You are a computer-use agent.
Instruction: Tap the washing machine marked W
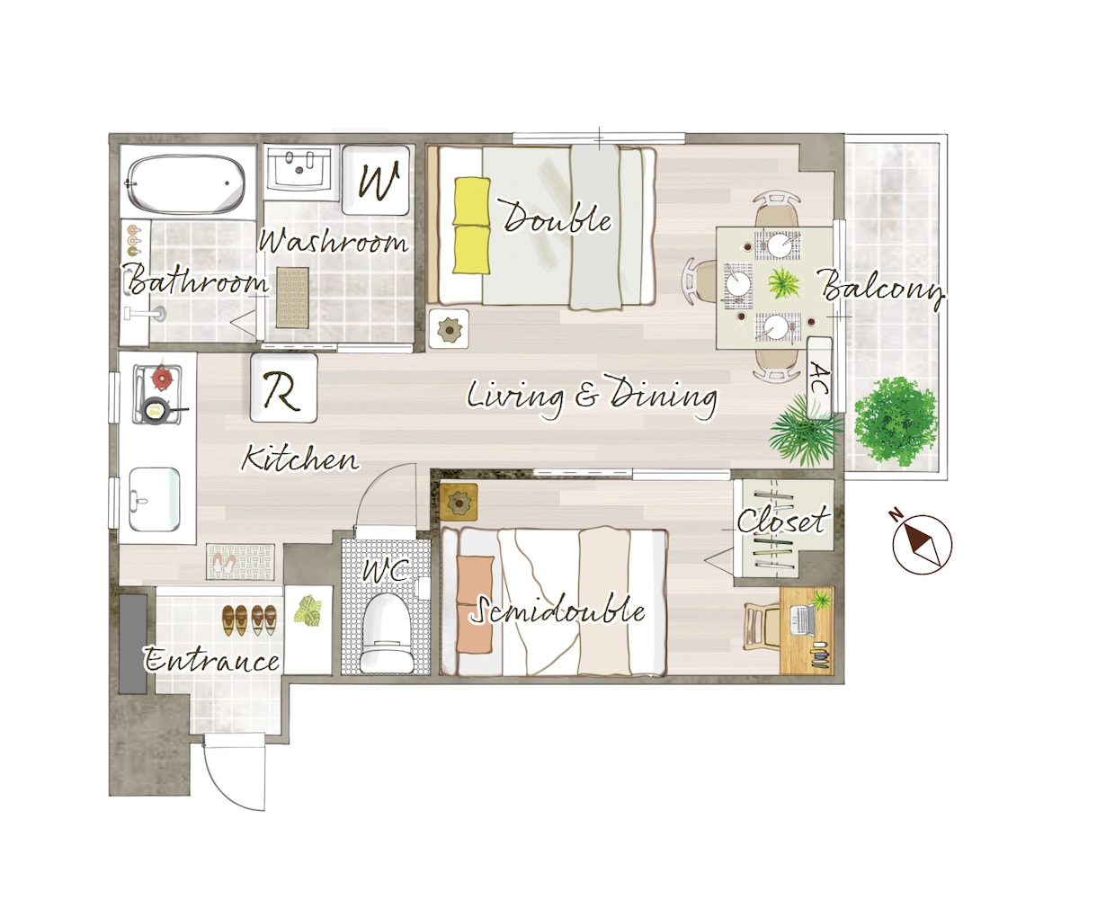coord(376,180)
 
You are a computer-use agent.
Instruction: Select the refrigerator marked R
coord(284,388)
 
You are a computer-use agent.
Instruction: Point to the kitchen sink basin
coord(155,499)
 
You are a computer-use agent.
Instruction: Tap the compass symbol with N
coord(921,543)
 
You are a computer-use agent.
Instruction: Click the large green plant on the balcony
coord(896,422)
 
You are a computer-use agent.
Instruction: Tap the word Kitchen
coord(300,459)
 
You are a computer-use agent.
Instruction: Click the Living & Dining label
coord(592,397)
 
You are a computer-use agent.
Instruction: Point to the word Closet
coord(783,521)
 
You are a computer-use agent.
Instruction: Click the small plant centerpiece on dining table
coord(783,282)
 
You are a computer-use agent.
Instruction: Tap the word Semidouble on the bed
coord(557,610)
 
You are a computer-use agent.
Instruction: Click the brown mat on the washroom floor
coord(292,298)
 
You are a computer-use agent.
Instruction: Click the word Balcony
coord(882,290)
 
